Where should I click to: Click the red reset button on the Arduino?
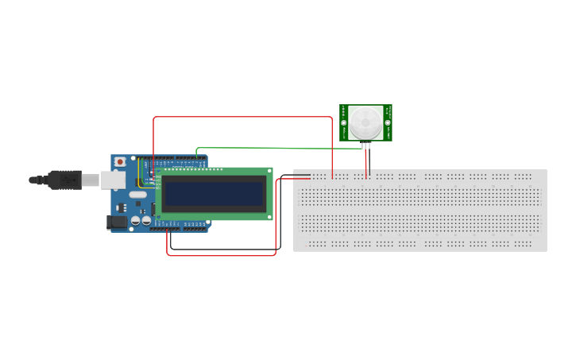[119, 161]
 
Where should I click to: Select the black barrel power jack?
[117, 223]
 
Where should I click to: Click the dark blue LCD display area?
[214, 193]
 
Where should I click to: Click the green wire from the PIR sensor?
[270, 148]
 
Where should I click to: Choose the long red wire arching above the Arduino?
[238, 117]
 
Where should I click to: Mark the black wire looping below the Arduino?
[222, 250]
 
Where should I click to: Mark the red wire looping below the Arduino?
[222, 256]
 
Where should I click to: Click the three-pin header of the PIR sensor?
[365, 145]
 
